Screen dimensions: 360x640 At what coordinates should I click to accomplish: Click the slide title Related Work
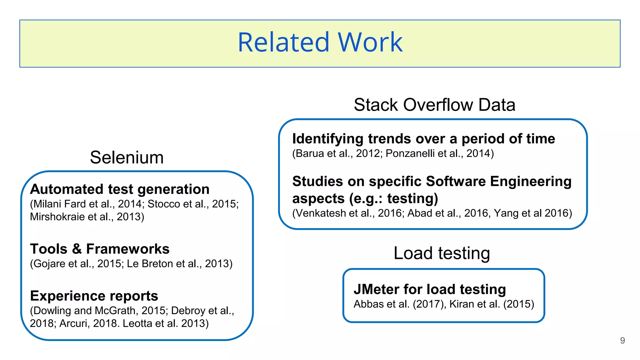[x=320, y=42]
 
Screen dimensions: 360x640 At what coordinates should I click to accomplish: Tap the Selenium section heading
[x=127, y=157]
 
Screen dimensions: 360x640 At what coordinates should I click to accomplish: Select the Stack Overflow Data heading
[x=434, y=105]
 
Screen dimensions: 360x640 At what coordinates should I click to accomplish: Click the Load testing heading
[x=442, y=253]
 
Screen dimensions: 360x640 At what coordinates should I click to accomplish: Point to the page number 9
[x=622, y=340]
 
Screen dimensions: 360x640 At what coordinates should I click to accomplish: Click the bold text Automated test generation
[x=120, y=189]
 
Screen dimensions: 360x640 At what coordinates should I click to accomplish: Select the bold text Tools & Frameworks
[x=100, y=249]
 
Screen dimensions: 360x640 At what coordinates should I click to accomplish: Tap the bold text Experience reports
[x=94, y=296]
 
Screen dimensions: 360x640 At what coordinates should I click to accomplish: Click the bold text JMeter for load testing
[x=430, y=289]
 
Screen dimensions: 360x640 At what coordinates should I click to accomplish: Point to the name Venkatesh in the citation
[x=321, y=213]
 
